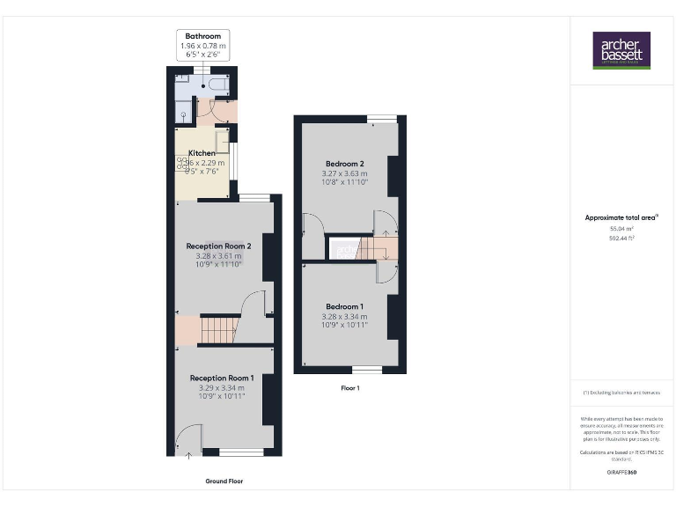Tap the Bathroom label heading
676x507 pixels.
point(203,36)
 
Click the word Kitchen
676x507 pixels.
point(202,153)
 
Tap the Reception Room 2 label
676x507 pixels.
point(219,246)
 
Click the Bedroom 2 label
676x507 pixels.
point(345,164)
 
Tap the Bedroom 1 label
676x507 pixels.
point(345,306)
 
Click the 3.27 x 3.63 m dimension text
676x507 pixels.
point(345,174)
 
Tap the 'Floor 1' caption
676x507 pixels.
point(349,387)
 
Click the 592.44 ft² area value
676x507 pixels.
point(621,238)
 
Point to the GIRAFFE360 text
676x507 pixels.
point(621,473)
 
